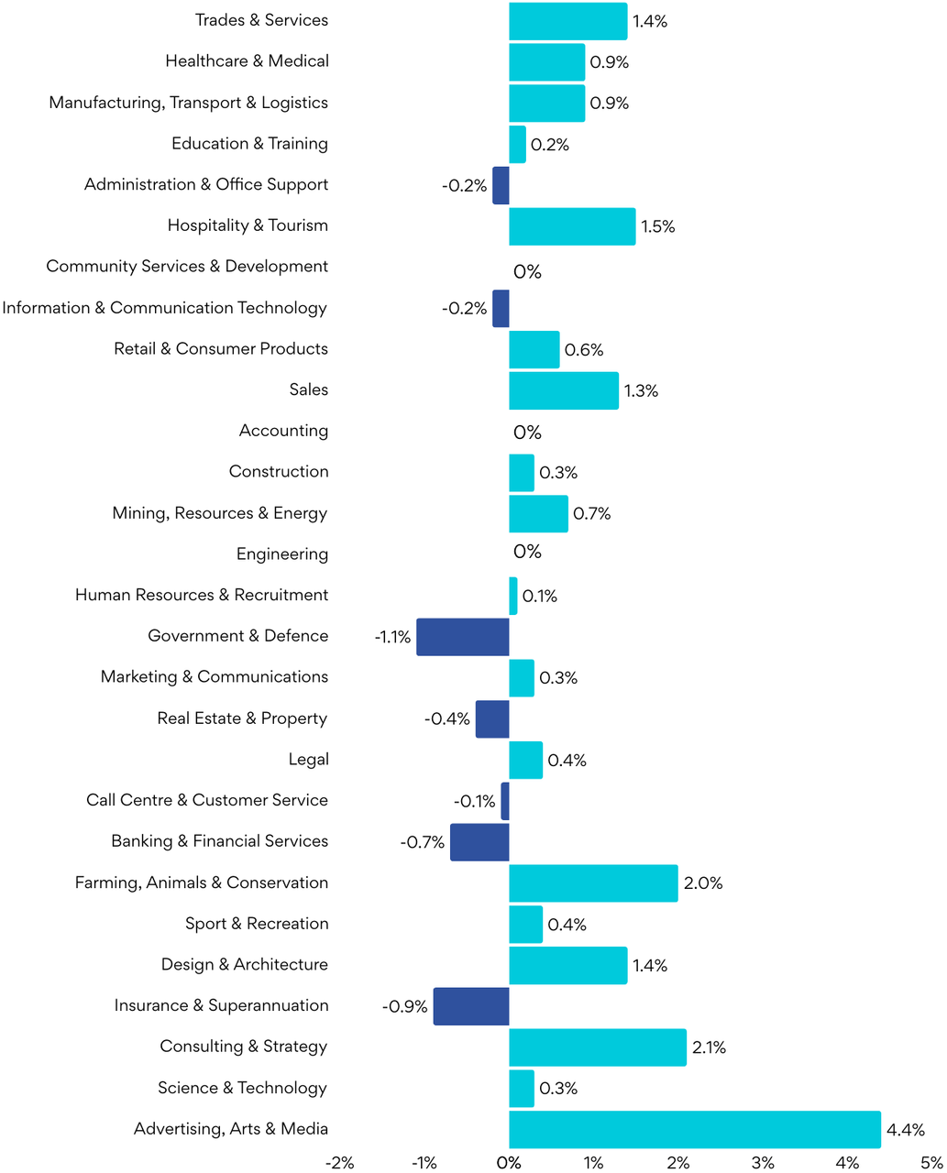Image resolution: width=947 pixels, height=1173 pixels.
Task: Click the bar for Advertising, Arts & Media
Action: pos(694,1129)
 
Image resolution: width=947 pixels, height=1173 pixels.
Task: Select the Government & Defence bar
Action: pos(463,637)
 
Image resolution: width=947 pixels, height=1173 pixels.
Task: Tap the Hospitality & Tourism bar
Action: pos(572,226)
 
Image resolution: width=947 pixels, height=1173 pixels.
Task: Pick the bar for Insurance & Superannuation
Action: pos(471,1006)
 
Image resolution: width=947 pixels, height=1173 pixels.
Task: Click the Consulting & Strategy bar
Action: pos(598,1047)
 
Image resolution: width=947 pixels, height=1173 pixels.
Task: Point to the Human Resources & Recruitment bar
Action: pos(513,596)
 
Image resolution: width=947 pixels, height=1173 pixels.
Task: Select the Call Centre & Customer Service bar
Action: pos(505,801)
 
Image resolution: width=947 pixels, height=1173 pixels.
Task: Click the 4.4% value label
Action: pos(906,1130)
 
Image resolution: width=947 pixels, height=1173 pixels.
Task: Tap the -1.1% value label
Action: pos(392,637)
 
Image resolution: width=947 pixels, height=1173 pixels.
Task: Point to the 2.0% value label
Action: pos(703,883)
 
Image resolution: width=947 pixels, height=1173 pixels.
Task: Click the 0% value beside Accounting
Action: pos(527,433)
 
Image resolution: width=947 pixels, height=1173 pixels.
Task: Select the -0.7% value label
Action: pos(423,842)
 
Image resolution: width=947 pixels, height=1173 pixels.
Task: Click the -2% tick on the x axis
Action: pos(339,1163)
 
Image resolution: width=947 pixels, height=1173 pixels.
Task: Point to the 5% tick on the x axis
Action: pos(932,1163)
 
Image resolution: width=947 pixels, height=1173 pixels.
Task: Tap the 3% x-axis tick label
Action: pos(763,1163)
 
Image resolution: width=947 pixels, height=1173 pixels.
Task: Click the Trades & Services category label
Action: pos(261,20)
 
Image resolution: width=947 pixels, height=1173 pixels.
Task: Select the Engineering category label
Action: pos(281,554)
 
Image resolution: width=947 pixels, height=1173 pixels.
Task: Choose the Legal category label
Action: pos(308,760)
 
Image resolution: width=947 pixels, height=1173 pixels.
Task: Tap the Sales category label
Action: pos(308,390)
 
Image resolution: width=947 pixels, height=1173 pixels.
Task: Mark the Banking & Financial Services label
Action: pos(219,841)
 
